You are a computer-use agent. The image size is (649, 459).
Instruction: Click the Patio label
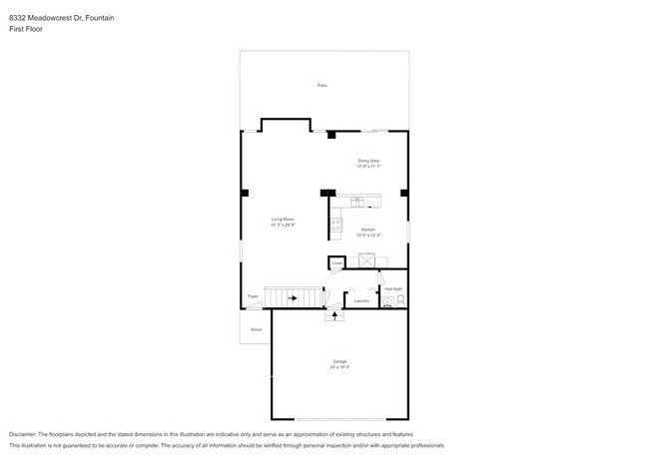323,86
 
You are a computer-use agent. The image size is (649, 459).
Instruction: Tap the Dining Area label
368,161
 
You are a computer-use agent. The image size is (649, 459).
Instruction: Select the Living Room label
283,219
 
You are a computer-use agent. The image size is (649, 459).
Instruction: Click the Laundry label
361,300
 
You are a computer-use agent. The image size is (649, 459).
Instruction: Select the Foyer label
253,296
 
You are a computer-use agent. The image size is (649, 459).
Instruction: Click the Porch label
257,329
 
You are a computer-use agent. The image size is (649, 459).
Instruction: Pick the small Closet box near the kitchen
337,263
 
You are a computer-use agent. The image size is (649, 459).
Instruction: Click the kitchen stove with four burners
335,225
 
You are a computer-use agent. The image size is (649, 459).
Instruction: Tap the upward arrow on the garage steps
333,314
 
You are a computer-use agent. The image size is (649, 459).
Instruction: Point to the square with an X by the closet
366,260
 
